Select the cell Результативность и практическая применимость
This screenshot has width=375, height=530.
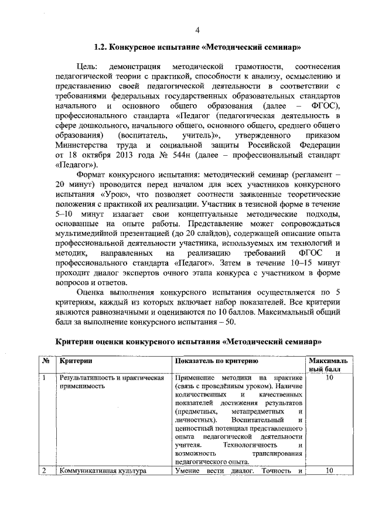[111, 383]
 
